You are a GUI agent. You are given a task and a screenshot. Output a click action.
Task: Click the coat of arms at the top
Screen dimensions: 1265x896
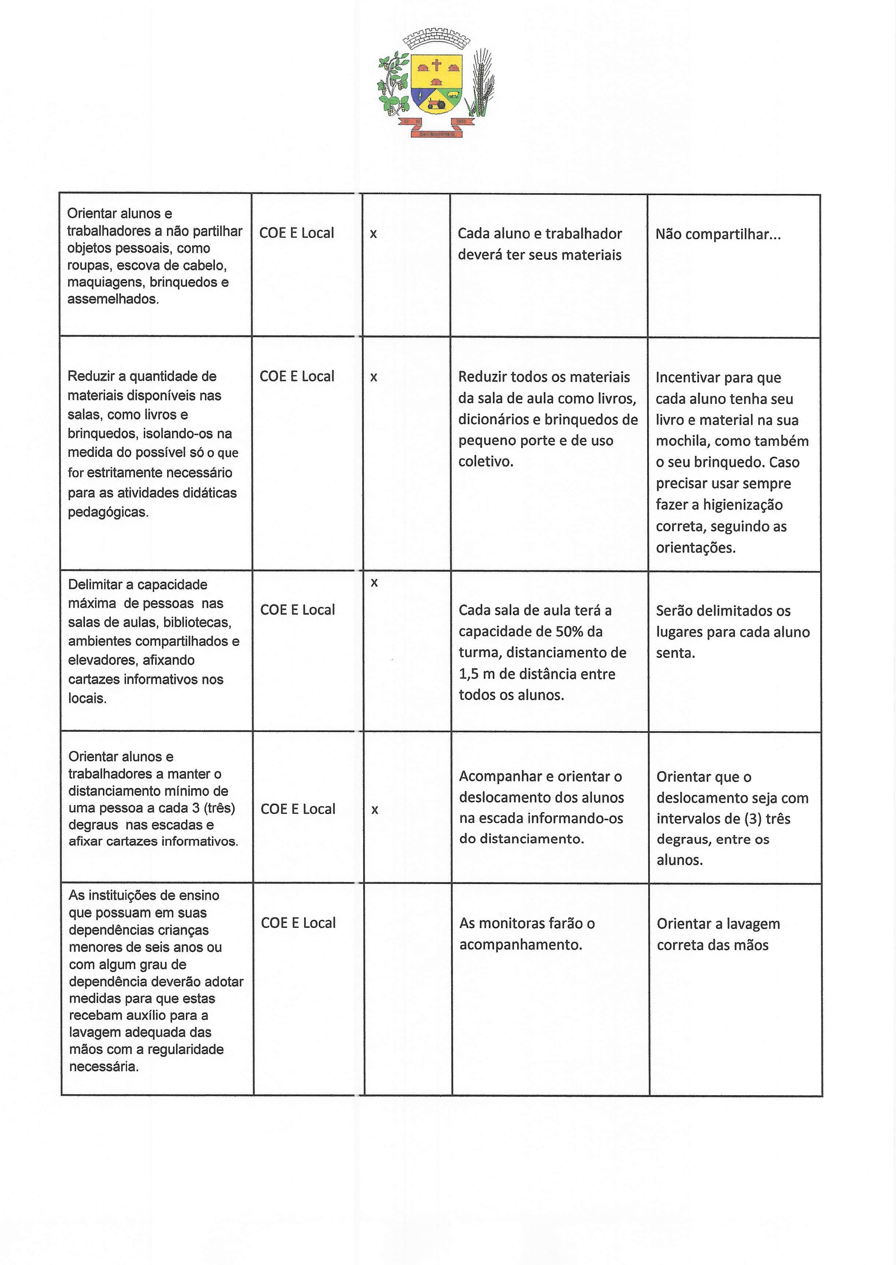436,83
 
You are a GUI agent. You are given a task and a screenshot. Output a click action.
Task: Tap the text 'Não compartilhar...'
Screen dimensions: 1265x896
718,235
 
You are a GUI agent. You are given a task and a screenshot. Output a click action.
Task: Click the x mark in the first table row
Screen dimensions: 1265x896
374,234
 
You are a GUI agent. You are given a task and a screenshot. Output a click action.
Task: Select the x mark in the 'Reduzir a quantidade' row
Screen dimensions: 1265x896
374,377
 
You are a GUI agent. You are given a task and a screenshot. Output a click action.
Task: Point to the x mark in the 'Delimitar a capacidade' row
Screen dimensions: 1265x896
374,583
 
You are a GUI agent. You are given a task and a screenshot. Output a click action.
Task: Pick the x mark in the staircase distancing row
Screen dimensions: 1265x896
375,810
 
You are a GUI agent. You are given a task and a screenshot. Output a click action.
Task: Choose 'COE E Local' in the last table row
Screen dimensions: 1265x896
298,923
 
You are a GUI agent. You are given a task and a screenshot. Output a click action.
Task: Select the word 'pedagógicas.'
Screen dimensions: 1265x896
108,512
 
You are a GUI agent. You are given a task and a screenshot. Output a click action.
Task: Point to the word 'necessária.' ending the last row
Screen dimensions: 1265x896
104,1066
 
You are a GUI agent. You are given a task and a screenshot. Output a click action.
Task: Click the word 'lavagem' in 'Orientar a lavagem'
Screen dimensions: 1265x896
753,924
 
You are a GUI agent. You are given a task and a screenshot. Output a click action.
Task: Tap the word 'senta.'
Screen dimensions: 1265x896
675,653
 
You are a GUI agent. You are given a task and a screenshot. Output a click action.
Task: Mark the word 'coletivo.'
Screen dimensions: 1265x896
486,462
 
